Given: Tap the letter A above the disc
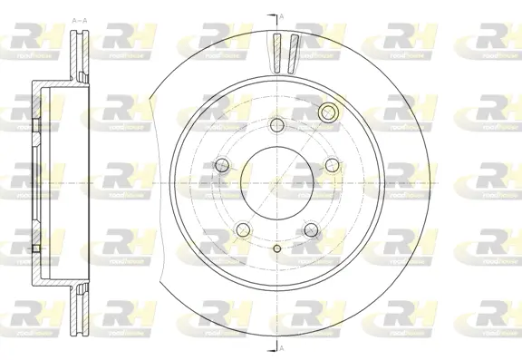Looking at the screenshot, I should tap(281, 16).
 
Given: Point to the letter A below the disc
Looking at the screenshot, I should tap(281, 349).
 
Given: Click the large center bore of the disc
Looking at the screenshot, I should tap(275, 180).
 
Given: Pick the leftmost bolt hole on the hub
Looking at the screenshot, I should tap(221, 164).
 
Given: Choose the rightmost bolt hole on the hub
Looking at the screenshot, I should tap(332, 164).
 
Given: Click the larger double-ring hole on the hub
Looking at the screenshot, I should tap(328, 113).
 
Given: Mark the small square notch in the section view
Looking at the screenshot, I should tap(34, 247).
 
